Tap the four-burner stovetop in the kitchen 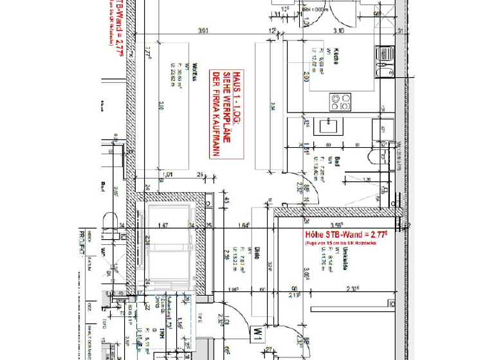(340, 101)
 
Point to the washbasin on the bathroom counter (335, 126)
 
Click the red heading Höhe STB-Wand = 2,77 (338, 236)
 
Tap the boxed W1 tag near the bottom (257, 334)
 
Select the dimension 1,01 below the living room (168, 174)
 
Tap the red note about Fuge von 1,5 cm (338, 244)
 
